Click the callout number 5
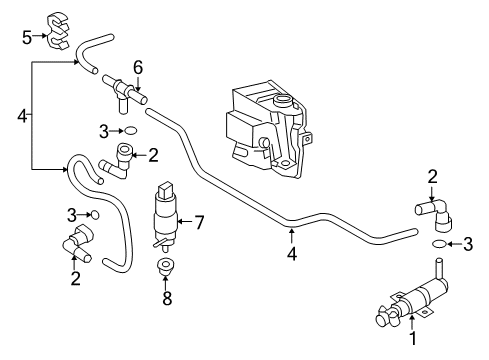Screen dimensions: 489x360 coord(27,37)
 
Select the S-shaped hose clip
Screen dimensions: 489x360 coord(58,30)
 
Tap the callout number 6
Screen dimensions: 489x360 coord(138,68)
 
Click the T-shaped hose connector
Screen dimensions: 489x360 coord(125,93)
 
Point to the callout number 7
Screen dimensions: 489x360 coord(199,222)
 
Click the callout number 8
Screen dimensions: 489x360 coord(167,298)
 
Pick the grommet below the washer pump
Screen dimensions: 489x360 coord(165,266)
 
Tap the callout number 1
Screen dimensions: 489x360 coord(413,338)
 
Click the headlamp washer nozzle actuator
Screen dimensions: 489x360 coord(413,297)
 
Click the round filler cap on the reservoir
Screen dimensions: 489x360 coord(283,100)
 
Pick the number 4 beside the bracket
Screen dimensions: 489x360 coord(22,116)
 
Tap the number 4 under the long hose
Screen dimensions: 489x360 coord(292,254)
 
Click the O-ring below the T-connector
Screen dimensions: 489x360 coord(131,130)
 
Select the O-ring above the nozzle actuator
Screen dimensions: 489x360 coord(439,244)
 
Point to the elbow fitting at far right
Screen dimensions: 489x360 coord(434,214)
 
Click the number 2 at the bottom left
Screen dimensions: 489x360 coord(76,278)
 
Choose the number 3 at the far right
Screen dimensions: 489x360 coord(468,244)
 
